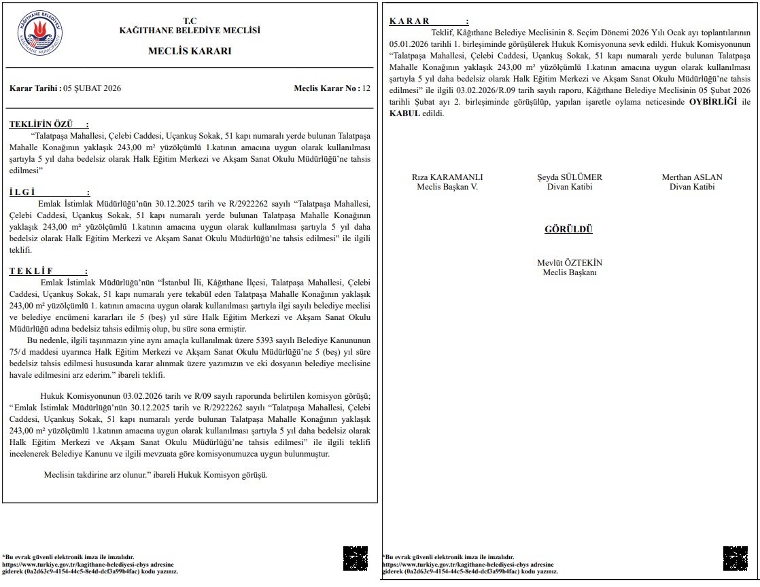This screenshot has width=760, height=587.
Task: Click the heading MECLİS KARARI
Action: pos(190,51)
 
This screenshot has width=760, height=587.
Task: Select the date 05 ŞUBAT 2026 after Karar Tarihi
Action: pos(92,88)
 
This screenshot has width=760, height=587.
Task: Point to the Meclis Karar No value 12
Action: pos(366,88)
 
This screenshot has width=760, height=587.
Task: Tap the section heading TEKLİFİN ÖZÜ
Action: pos(49,124)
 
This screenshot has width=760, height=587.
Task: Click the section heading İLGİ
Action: pos(49,192)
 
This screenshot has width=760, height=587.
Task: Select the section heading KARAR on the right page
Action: pos(428,22)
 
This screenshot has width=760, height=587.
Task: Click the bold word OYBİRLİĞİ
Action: pos(713,102)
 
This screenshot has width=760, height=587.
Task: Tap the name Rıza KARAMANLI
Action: pos(447,177)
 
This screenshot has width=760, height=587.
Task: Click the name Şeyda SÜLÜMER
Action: pos(570,177)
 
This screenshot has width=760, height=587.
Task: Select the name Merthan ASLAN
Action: pos(692,177)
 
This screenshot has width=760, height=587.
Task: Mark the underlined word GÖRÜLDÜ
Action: pos(568,230)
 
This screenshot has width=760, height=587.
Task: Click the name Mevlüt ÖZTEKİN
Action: pos(570,263)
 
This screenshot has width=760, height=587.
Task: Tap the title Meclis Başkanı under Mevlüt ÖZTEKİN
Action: pos(570,272)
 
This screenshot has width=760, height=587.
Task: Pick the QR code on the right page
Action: pos(735,558)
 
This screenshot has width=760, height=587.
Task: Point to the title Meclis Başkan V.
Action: pos(447,187)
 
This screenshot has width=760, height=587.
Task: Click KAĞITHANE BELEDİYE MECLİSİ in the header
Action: pos(190,31)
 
